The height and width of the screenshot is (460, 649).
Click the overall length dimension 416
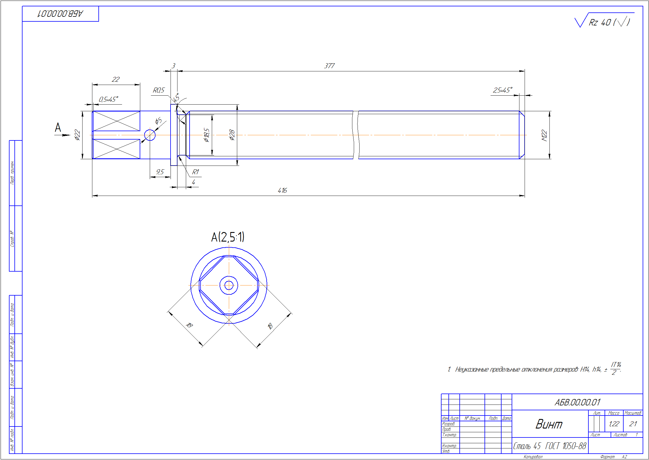pyautogui.click(x=282, y=190)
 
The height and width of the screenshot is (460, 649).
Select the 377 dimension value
pyautogui.click(x=329, y=66)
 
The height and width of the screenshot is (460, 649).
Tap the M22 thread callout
pyautogui.click(x=544, y=135)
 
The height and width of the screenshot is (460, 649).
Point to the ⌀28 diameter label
pyautogui.click(x=232, y=135)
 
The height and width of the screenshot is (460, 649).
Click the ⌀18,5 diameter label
pyautogui.click(x=206, y=135)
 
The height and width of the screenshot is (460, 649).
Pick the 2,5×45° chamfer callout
pyautogui.click(x=502, y=90)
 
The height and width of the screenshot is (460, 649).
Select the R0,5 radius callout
pyautogui.click(x=158, y=90)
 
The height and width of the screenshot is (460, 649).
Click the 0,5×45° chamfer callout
pyautogui.click(x=108, y=99)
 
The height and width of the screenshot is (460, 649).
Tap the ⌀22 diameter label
pyautogui.click(x=77, y=135)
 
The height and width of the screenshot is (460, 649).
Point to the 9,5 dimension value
pyautogui.click(x=160, y=172)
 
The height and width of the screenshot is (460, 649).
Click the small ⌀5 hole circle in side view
pyautogui.click(x=150, y=135)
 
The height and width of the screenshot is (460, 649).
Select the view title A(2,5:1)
pyautogui.click(x=228, y=237)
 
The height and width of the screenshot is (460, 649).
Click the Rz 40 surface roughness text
pyautogui.click(x=600, y=23)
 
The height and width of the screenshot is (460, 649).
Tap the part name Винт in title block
pyautogui.click(x=549, y=424)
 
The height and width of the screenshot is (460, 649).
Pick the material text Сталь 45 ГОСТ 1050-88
pyautogui.click(x=549, y=446)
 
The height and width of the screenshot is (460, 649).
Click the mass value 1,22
pyautogui.click(x=614, y=424)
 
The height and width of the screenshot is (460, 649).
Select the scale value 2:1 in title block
pyautogui.click(x=633, y=424)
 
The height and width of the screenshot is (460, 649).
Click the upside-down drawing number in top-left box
pyautogui.click(x=60, y=14)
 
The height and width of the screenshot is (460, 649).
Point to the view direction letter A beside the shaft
pyautogui.click(x=58, y=127)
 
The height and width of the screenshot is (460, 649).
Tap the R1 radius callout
pyautogui.click(x=195, y=172)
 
